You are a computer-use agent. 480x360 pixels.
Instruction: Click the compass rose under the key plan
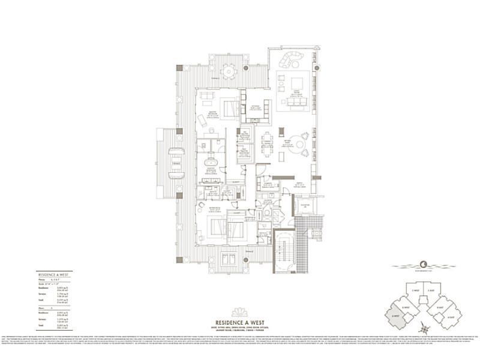click(x=425, y=328)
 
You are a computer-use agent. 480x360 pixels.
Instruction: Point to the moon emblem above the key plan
click(x=424, y=263)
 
